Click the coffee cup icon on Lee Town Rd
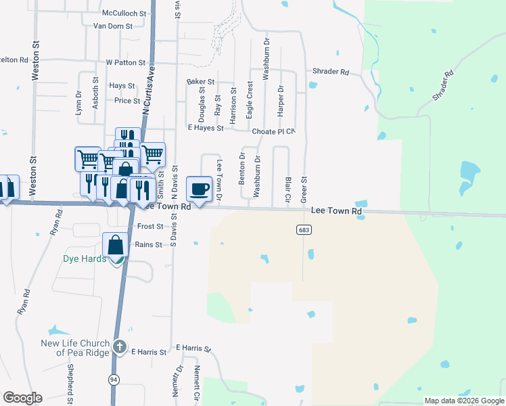pyautogui.click(x=199, y=187)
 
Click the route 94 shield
pyautogui.click(x=113, y=380)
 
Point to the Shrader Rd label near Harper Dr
pyautogui.click(x=330, y=72)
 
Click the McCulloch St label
pyautogui.click(x=124, y=13)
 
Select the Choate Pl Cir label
pyautogui.click(x=275, y=131)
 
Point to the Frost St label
pyautogui.click(x=150, y=227)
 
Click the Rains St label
pyautogui.click(x=148, y=244)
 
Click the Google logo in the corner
pyautogui.click(x=22, y=398)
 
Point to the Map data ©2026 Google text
pyautogui.click(x=463, y=401)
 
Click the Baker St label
pyautogui.click(x=200, y=81)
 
